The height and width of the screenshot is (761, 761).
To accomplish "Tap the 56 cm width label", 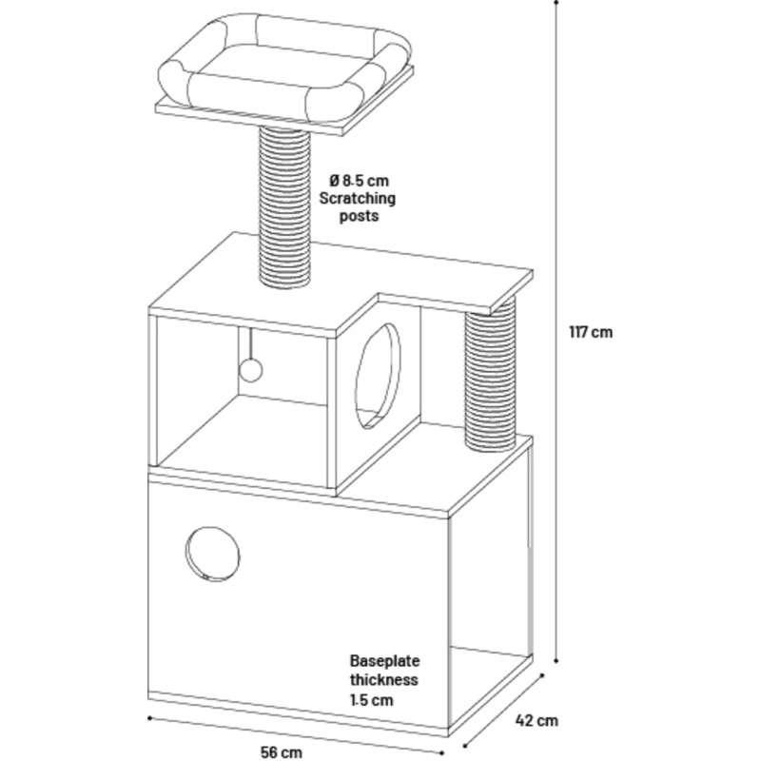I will click(282, 751).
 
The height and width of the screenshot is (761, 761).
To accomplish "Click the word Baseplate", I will click(385, 660).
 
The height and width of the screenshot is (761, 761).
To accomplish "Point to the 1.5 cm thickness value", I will click(371, 700).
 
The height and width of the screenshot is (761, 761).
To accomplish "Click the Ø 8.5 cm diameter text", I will click(360, 180).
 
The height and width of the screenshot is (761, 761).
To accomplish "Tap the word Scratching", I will click(358, 198).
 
